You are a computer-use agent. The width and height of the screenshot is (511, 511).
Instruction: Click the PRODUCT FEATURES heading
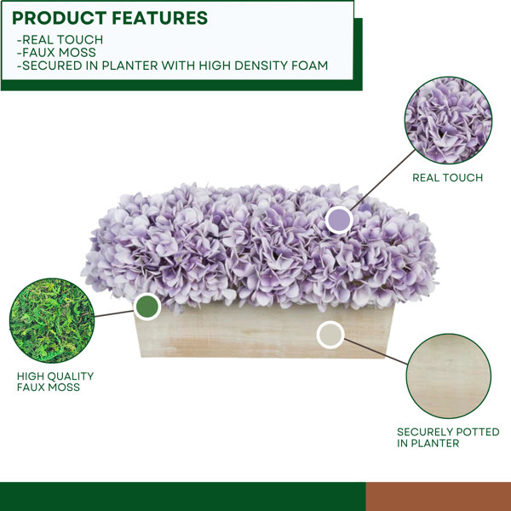110,18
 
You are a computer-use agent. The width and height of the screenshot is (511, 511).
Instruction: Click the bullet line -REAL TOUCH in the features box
60,40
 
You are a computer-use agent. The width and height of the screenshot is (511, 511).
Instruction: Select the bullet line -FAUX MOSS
56,52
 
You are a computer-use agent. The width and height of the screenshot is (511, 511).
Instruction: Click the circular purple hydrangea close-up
448,120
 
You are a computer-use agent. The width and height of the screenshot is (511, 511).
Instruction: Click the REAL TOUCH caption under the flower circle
447,178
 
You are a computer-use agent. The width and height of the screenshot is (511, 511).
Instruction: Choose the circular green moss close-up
52,320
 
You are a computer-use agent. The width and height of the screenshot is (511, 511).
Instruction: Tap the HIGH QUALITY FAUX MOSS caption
55,382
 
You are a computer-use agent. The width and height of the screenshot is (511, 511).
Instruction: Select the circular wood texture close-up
449,376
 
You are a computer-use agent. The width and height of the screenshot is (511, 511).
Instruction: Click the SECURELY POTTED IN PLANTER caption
448,438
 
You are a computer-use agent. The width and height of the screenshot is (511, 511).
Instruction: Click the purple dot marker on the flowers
339,220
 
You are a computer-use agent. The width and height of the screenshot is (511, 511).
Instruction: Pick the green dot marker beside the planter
147,307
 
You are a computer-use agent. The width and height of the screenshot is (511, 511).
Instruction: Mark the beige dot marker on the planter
330,335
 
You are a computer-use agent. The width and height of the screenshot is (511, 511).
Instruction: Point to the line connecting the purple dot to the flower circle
383,180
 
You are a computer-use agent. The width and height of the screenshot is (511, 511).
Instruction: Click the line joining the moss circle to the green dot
114,313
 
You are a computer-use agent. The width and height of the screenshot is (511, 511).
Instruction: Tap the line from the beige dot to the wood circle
376,351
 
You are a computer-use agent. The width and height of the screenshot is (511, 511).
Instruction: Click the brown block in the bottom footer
439,497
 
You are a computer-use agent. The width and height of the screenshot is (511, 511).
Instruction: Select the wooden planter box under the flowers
264,332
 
